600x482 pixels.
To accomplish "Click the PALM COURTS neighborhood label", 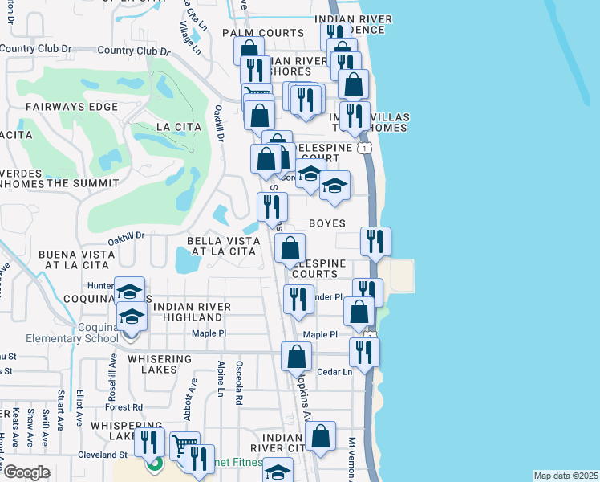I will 264,33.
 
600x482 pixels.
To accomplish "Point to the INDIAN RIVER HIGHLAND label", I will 192,312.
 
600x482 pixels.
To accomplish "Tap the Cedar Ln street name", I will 336,372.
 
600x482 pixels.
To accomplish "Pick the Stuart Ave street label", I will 61,410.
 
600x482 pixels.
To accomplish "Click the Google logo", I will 26,472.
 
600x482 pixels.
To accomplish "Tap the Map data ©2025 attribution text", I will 566,476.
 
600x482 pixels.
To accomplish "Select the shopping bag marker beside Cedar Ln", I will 297,356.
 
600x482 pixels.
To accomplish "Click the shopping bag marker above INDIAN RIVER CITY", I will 321,436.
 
